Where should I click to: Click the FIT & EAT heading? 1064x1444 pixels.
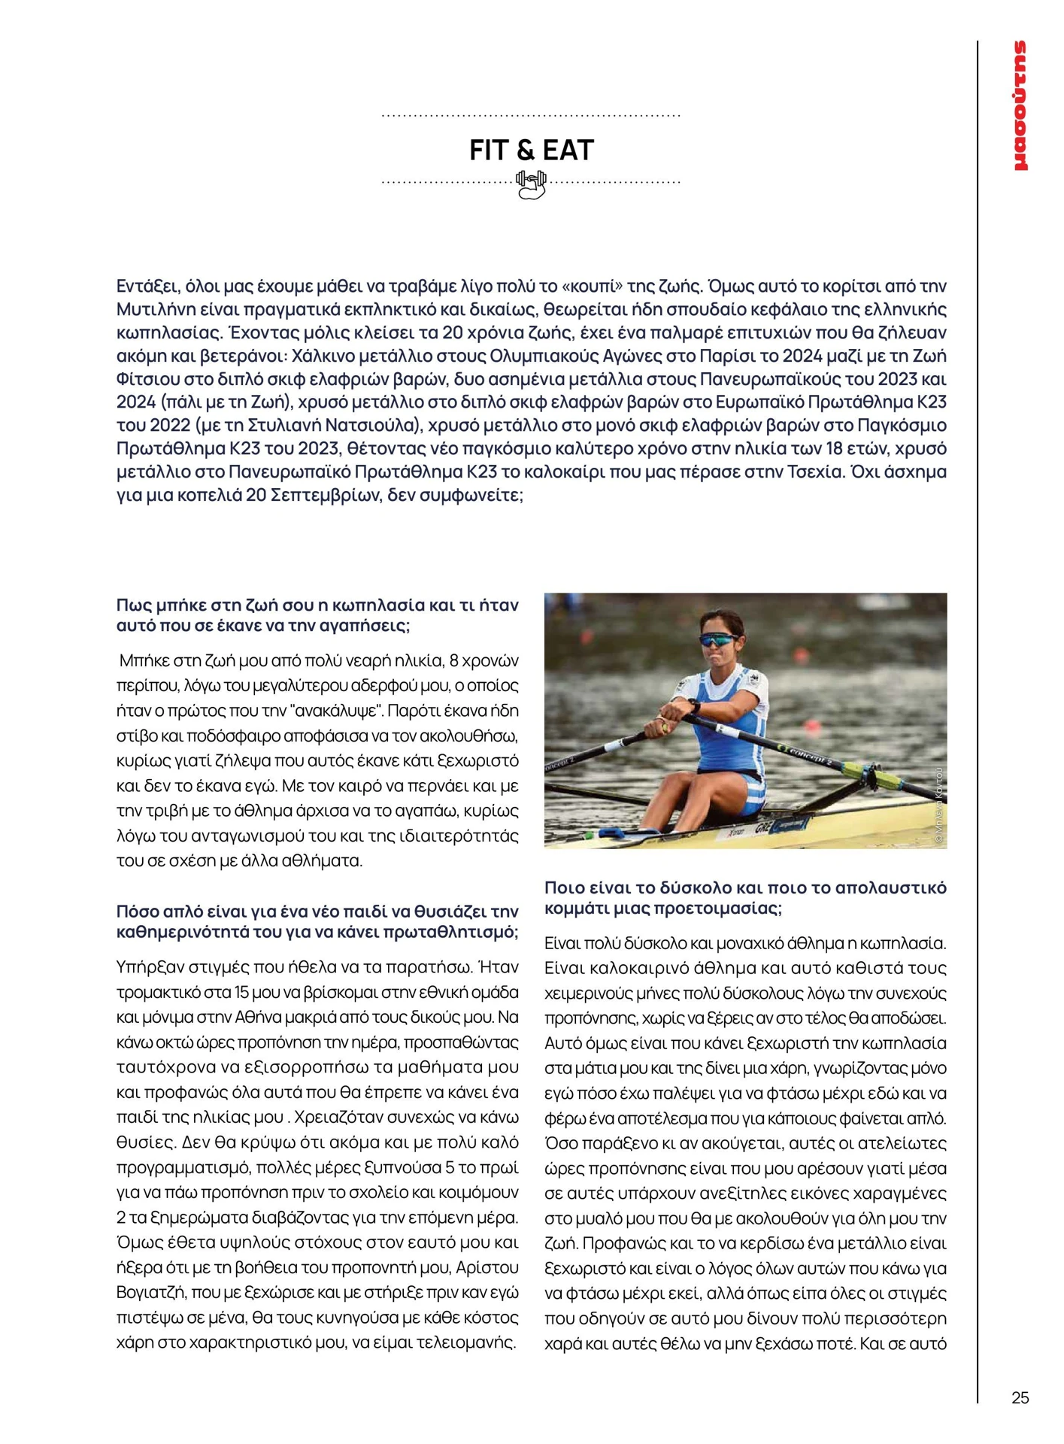(x=531, y=150)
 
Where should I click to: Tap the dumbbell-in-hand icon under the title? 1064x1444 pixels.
(x=531, y=184)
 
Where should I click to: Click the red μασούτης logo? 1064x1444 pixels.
(x=1020, y=105)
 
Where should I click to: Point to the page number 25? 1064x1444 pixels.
(x=1020, y=1397)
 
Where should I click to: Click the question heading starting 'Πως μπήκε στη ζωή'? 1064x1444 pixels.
(x=317, y=615)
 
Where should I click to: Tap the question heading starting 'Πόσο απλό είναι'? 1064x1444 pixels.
(x=317, y=921)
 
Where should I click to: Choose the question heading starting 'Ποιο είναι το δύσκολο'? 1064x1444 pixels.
(x=744, y=897)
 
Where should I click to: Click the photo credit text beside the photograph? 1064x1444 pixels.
(x=939, y=808)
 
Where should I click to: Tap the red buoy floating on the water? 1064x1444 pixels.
(x=812, y=725)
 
